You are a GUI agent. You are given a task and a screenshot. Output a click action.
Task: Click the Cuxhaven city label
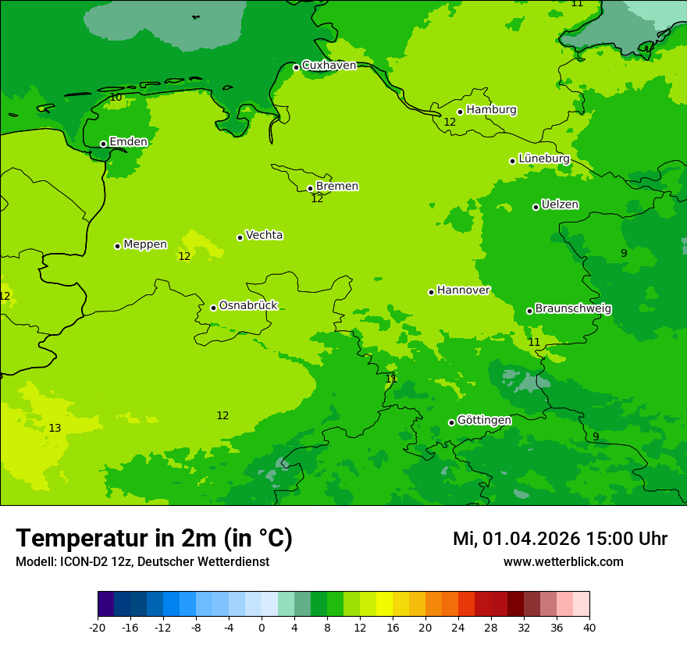329,66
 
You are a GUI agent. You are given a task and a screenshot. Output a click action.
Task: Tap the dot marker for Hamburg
461,112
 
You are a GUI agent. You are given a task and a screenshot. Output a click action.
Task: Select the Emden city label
128,142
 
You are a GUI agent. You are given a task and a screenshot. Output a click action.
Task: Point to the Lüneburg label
543,158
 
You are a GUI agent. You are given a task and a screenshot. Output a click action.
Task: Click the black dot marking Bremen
310,188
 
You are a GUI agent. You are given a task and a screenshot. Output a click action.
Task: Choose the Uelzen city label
560,205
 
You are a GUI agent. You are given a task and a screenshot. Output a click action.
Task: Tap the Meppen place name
145,244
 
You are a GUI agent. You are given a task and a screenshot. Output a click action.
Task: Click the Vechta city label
264,235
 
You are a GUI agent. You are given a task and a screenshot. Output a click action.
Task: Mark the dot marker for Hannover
431,292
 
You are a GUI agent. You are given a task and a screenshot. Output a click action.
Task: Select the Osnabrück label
248,305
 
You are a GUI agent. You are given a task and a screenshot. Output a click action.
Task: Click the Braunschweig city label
573,308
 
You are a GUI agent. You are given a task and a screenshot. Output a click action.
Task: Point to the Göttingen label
484,420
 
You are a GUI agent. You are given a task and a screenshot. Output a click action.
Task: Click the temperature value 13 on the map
55,428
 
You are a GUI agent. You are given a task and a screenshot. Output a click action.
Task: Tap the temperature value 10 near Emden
116,98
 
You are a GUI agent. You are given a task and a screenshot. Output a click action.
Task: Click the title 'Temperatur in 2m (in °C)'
154,538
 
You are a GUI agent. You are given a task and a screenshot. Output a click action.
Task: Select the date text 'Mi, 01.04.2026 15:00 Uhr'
560,539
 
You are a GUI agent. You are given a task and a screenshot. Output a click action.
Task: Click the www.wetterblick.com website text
563,561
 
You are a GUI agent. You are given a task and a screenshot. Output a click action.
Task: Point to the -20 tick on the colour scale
98,627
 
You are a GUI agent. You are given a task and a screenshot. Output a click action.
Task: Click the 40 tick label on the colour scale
589,627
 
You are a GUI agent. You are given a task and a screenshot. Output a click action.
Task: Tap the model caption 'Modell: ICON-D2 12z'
74,561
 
